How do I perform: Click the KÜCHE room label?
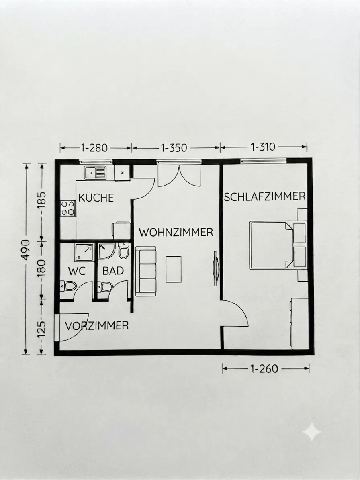click(x=96, y=198)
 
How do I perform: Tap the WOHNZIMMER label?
click(x=176, y=232)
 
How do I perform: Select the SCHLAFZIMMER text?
click(x=265, y=196)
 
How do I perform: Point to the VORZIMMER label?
click(x=97, y=325)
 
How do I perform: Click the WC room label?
click(x=76, y=271)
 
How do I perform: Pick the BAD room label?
click(x=113, y=271)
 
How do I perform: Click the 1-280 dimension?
click(x=94, y=148)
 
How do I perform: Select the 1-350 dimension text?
click(x=174, y=148)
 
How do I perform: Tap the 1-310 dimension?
click(x=263, y=147)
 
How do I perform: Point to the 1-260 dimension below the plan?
click(x=264, y=369)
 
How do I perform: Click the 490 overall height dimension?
click(x=26, y=250)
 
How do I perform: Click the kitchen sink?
click(x=95, y=173)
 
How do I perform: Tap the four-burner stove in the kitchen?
click(x=68, y=208)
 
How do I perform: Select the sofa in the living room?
click(x=146, y=271)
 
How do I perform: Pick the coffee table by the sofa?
click(x=174, y=269)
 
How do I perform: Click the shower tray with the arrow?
click(x=84, y=252)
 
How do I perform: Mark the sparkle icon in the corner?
click(x=312, y=432)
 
